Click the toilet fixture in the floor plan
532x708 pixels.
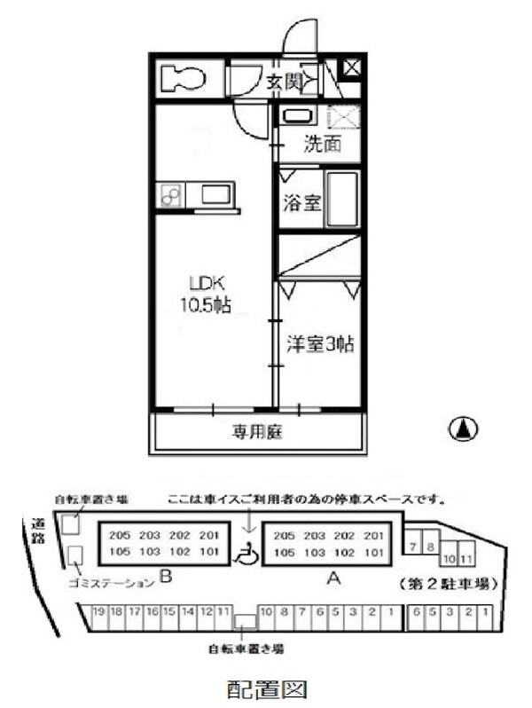click(x=184, y=77)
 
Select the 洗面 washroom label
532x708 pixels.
click(x=322, y=145)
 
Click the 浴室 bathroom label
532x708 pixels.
click(x=302, y=203)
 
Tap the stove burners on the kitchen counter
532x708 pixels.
click(x=171, y=194)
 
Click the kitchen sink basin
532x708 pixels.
click(x=217, y=193)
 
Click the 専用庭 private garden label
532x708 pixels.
click(x=258, y=433)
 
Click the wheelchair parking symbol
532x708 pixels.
click(x=247, y=555)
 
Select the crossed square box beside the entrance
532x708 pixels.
click(x=351, y=66)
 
